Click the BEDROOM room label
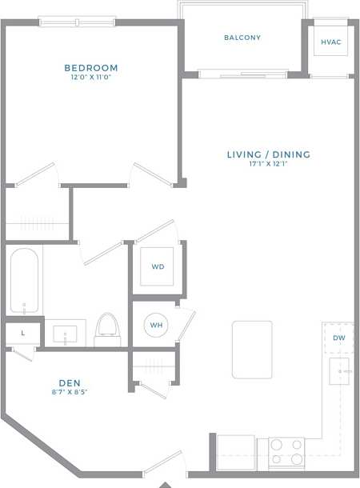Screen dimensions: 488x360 pyautogui.click(x=91, y=68)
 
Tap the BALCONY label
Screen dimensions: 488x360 pyautogui.click(x=242, y=38)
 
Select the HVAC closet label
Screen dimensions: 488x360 pyautogui.click(x=330, y=42)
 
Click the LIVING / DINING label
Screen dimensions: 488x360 pyautogui.click(x=269, y=154)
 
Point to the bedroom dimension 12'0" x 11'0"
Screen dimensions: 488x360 pyautogui.click(x=91, y=78)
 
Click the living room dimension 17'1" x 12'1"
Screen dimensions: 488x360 pyautogui.click(x=269, y=165)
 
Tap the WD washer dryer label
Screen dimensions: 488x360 pyautogui.click(x=158, y=266)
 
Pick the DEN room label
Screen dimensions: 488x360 pyautogui.click(x=69, y=383)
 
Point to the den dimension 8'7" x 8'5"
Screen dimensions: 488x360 pyautogui.click(x=69, y=393)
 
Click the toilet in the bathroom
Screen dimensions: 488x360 pyautogui.click(x=106, y=329)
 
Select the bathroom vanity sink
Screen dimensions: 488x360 pyautogui.click(x=65, y=334)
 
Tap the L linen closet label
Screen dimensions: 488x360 pyautogui.click(x=22, y=333)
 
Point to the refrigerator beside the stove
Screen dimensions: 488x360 pyautogui.click(x=236, y=451)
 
